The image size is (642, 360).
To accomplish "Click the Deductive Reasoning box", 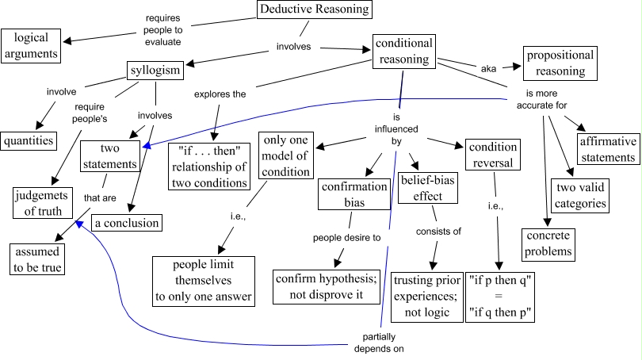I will pos(315,10).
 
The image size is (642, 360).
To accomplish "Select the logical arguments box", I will pos(30,45).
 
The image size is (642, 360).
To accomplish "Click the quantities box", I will pos(28,140).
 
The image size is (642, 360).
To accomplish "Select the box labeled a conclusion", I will pos(127,223).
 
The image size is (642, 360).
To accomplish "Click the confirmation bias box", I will pos(355,194).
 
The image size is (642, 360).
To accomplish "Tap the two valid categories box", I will pos(581,195).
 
